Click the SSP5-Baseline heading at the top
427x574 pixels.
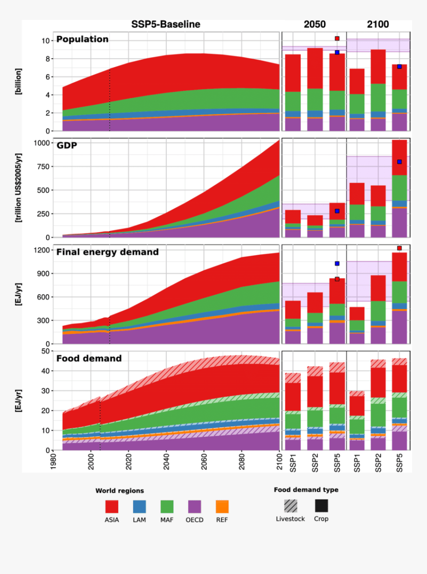pyautogui.click(x=165, y=24)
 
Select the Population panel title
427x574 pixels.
pyautogui.click(x=82, y=39)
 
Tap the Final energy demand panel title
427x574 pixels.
pyautogui.click(x=107, y=252)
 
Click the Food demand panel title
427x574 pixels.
pyautogui.click(x=89, y=358)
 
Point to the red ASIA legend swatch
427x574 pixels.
pyautogui.click(x=112, y=506)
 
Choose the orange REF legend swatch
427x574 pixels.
pyautogui.click(x=222, y=506)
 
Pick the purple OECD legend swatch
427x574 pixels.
pyautogui.click(x=194, y=506)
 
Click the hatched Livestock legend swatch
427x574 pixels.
pyautogui.click(x=290, y=505)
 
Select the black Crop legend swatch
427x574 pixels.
pyautogui.click(x=321, y=505)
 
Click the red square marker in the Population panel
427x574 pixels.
pyautogui.click(x=337, y=38)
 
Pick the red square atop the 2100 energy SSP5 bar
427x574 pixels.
pyautogui.click(x=399, y=248)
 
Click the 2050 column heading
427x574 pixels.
pyautogui.click(x=315, y=24)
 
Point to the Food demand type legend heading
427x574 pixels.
pyautogui.click(x=306, y=490)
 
